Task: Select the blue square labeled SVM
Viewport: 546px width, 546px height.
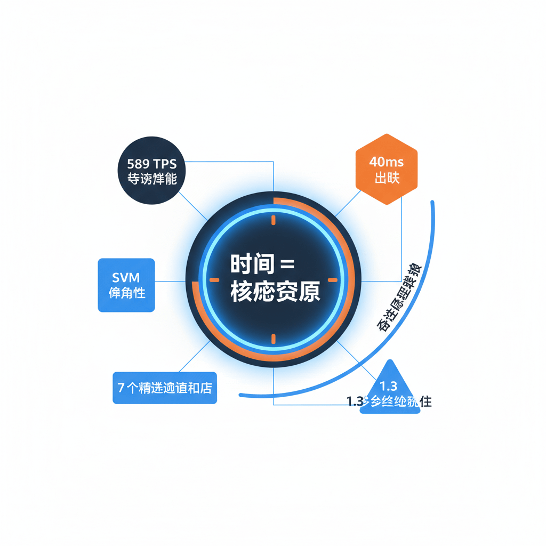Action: pyautogui.click(x=126, y=285)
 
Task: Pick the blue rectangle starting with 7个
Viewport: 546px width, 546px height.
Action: pyautogui.click(x=165, y=388)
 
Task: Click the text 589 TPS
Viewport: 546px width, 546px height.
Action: pyautogui.click(x=152, y=163)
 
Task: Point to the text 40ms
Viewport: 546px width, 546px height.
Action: pyautogui.click(x=387, y=162)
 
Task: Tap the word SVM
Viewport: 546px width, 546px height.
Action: pyautogui.click(x=126, y=277)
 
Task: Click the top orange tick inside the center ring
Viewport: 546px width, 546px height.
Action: pyautogui.click(x=273, y=220)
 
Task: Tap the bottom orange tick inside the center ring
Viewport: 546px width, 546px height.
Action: pyautogui.click(x=273, y=338)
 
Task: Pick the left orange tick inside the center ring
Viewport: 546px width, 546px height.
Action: pyautogui.click(x=214, y=279)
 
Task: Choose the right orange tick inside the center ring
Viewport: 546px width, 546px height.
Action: pyautogui.click(x=332, y=279)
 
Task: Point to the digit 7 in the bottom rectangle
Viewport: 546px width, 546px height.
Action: pyautogui.click(x=121, y=388)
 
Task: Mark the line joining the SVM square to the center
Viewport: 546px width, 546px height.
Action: pyautogui.click(x=170, y=281)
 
